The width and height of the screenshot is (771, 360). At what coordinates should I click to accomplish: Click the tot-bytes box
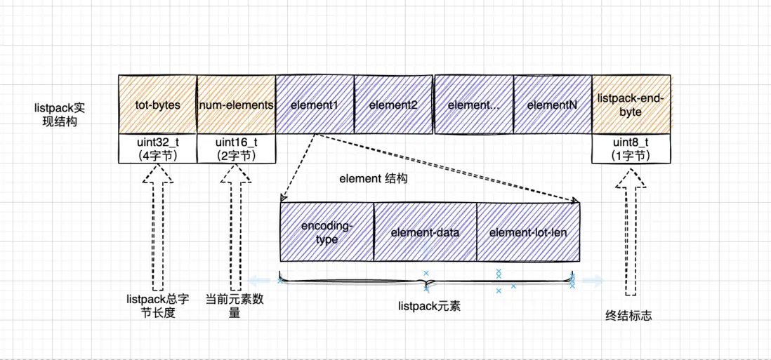[157, 105]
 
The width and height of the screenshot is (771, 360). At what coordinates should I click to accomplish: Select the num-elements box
[236, 105]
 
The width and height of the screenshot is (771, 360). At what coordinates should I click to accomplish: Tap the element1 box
[314, 105]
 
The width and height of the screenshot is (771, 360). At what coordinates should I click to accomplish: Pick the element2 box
[393, 105]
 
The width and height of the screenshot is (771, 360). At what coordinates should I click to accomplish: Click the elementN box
[551, 105]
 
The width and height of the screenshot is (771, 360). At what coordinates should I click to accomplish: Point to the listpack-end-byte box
[630, 105]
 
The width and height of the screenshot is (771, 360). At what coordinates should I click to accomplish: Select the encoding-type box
[327, 232]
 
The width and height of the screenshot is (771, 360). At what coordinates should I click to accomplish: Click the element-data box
[425, 232]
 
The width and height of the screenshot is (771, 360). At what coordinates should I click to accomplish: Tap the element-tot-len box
[528, 232]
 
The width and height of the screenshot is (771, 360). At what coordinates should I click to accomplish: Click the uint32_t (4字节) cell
[157, 149]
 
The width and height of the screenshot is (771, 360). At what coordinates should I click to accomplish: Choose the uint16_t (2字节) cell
[236, 149]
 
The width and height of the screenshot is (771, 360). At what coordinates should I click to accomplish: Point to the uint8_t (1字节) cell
[630, 149]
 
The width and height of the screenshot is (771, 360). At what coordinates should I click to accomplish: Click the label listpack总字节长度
[157, 305]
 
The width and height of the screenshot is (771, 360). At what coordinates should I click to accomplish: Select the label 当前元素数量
[235, 305]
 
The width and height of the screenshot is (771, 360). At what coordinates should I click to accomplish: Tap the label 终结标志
[628, 316]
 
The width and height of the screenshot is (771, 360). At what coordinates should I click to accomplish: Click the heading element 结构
[373, 179]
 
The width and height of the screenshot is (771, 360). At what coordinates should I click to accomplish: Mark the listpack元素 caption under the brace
[429, 306]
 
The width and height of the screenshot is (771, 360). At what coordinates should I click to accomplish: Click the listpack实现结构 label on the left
[56, 114]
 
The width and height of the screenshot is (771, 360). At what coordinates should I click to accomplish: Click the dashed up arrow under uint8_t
[630, 235]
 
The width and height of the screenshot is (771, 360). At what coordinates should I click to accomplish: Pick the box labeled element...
[473, 105]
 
